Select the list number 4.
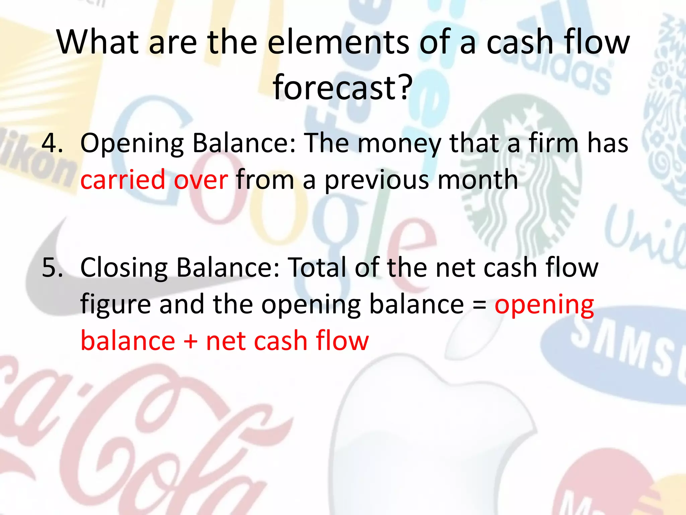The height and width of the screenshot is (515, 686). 52,143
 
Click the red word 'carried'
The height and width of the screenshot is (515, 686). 123,180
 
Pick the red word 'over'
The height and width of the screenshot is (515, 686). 201,180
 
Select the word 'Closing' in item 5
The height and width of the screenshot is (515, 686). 124,268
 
